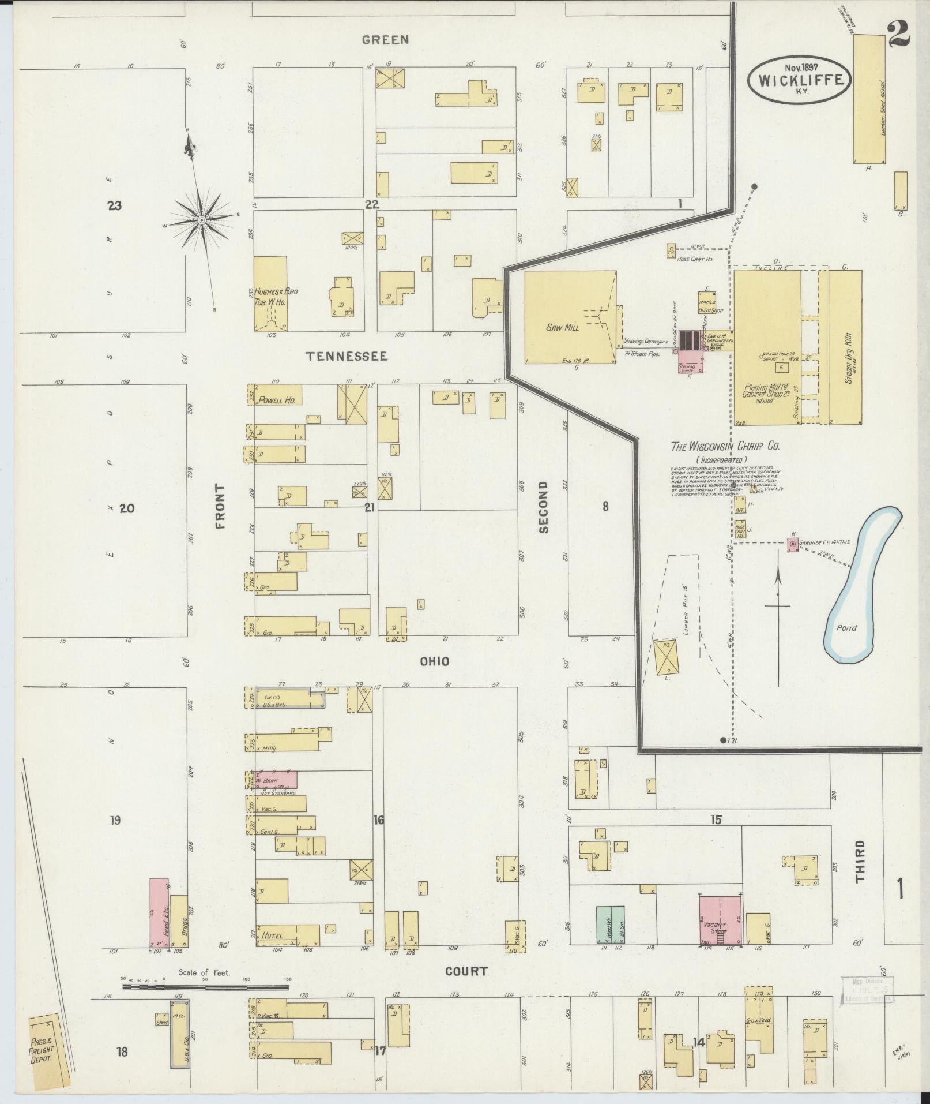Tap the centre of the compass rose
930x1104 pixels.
pyautogui.click(x=202, y=220)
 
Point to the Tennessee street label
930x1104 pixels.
pyautogui.click(x=347, y=357)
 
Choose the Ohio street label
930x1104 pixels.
pyautogui.click(x=434, y=661)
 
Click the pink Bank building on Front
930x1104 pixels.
pyautogui.click(x=277, y=780)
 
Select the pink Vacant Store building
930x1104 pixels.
pyautogui.click(x=720, y=927)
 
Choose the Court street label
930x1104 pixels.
pyautogui.click(x=466, y=971)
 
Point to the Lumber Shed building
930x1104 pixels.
pyautogui.click(x=869, y=99)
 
